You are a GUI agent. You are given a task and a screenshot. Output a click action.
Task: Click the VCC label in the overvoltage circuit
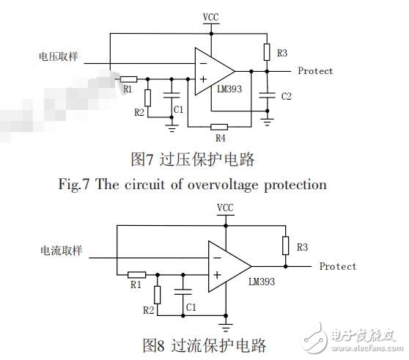point(210,15)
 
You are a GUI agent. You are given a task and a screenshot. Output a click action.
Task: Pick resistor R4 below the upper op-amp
point(219,125)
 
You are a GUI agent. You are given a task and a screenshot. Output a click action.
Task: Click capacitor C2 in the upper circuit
point(267,95)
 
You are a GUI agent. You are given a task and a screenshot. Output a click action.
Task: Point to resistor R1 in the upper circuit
point(128,78)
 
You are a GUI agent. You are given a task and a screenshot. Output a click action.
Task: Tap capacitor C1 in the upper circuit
point(173,95)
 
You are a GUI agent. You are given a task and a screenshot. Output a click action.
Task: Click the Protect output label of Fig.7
point(315,71)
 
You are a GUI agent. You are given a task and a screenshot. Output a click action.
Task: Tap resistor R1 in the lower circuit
point(136,274)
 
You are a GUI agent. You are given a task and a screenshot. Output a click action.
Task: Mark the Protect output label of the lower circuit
point(338,266)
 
